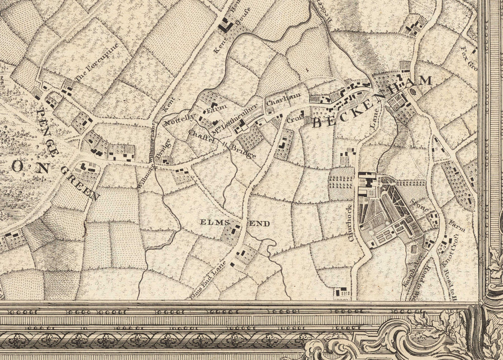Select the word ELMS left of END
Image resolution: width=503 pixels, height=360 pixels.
tap(216, 222)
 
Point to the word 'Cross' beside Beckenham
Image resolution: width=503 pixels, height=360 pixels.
tap(294, 117)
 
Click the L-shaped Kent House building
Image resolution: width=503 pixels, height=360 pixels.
tap(226, 26)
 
